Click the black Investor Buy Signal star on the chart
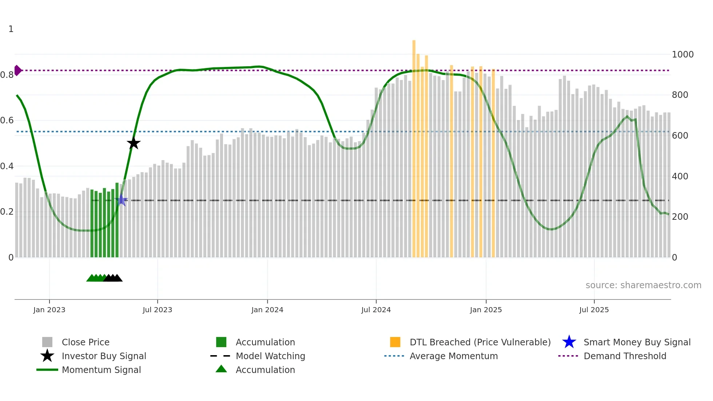(134, 143)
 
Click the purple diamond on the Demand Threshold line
(17, 70)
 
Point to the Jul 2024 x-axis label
(376, 310)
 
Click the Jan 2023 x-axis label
(49, 310)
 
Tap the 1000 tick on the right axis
(682, 55)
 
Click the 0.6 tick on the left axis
(7, 120)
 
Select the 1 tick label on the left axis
(11, 29)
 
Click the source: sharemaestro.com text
(643, 285)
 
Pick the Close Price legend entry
(85, 342)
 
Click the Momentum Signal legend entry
(101, 370)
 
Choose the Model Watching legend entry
(270, 356)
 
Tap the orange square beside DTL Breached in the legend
(395, 342)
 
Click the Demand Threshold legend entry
(625, 356)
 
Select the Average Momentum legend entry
(453, 356)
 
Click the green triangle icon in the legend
(221, 369)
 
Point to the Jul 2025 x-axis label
(594, 310)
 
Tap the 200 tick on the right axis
(680, 217)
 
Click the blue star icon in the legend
(569, 342)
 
